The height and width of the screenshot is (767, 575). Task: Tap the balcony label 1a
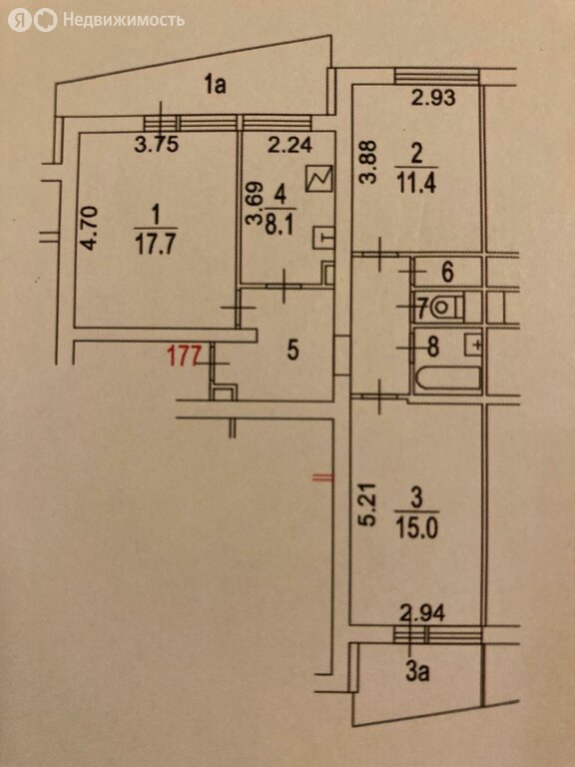click(x=216, y=85)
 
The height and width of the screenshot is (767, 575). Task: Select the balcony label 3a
click(x=417, y=672)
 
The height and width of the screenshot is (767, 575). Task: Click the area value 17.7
click(x=156, y=245)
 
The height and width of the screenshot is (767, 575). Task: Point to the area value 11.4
click(x=416, y=185)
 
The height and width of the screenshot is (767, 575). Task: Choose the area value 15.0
click(x=416, y=528)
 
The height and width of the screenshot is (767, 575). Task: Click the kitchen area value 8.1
click(x=280, y=227)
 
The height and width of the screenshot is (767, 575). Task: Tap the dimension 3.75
click(x=157, y=144)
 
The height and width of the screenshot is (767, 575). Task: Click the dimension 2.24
click(x=290, y=144)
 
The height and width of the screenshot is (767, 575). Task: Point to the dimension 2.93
click(x=433, y=98)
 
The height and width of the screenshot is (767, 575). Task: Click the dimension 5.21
click(x=368, y=504)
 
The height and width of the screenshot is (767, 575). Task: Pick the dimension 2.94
click(x=422, y=613)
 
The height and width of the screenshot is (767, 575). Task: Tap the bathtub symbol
click(x=448, y=379)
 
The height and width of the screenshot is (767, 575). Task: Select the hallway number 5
click(x=292, y=352)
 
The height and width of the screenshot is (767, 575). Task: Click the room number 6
click(x=447, y=272)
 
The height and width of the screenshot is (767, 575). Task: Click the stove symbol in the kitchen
click(x=318, y=179)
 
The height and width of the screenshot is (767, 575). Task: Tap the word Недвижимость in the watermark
click(x=124, y=20)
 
